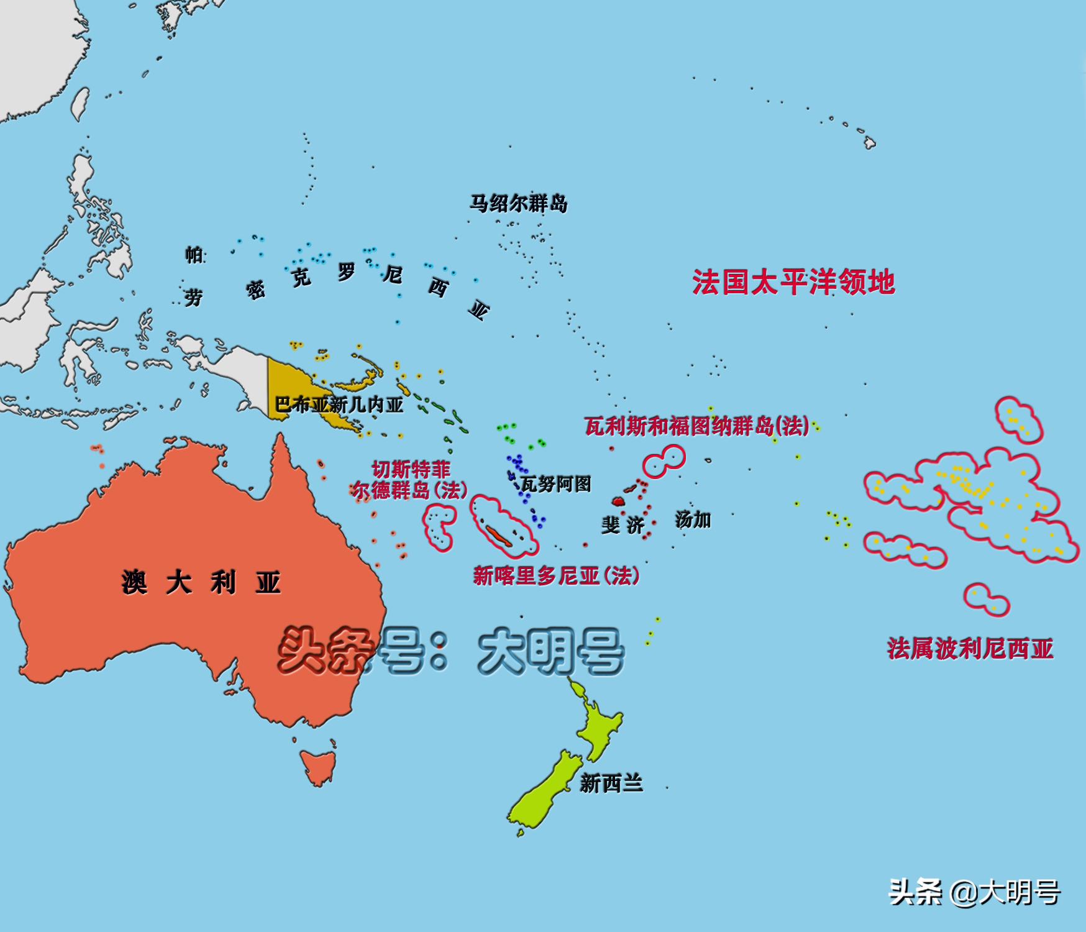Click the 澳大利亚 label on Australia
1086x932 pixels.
click(x=201, y=583)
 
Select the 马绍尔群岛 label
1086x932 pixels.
click(x=518, y=203)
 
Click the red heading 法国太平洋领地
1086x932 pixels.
click(x=793, y=282)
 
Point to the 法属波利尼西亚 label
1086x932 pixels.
click(x=970, y=649)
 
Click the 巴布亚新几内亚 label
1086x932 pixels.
click(x=339, y=405)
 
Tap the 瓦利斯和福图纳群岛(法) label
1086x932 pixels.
click(x=697, y=426)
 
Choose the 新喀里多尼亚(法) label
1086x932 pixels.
click(x=556, y=575)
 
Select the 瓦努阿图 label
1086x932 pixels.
click(x=556, y=483)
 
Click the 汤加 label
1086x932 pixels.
click(x=693, y=519)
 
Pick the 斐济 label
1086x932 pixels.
click(x=623, y=525)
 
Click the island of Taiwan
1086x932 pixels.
click(x=79, y=104)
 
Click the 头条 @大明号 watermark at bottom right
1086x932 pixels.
click(x=974, y=893)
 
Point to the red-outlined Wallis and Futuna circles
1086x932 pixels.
click(x=664, y=461)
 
